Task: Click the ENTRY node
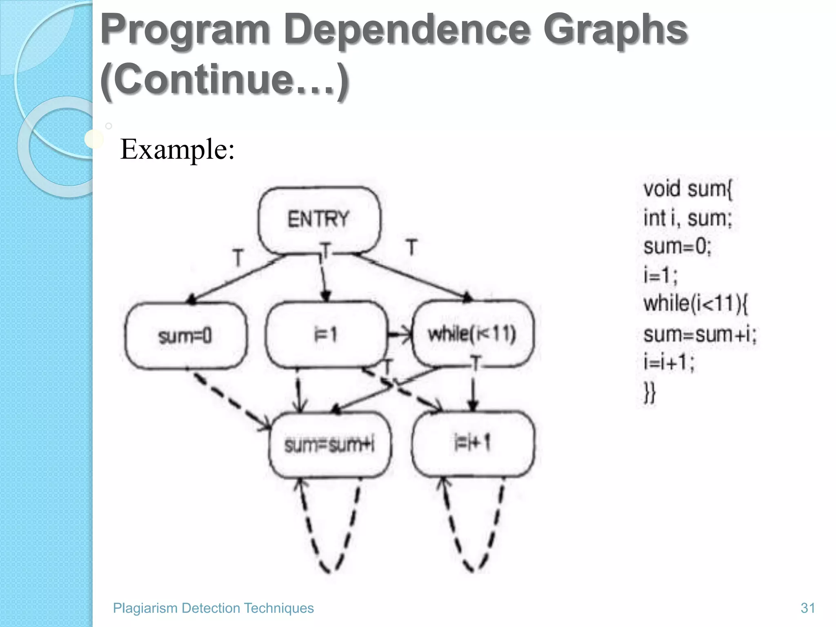(319, 219)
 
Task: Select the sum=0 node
(185, 336)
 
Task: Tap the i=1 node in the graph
(326, 335)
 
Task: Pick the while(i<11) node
(472, 334)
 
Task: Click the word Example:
(178, 149)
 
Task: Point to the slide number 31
(808, 608)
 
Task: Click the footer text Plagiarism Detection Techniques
(213, 608)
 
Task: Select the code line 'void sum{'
(688, 189)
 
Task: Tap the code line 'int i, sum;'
(688, 218)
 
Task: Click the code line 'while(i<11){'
(695, 304)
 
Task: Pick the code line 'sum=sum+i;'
(700, 335)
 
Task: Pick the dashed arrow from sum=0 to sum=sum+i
(229, 398)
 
